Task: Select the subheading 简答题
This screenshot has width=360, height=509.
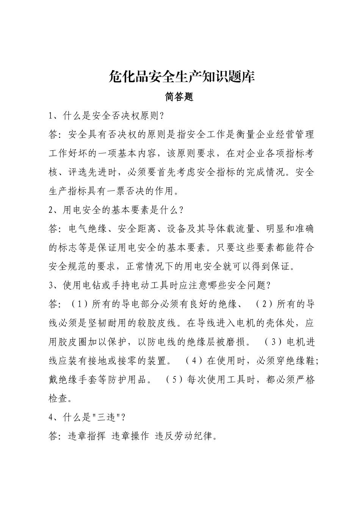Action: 179,97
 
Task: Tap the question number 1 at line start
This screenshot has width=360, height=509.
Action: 51,116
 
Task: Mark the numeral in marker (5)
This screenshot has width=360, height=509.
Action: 175,380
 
